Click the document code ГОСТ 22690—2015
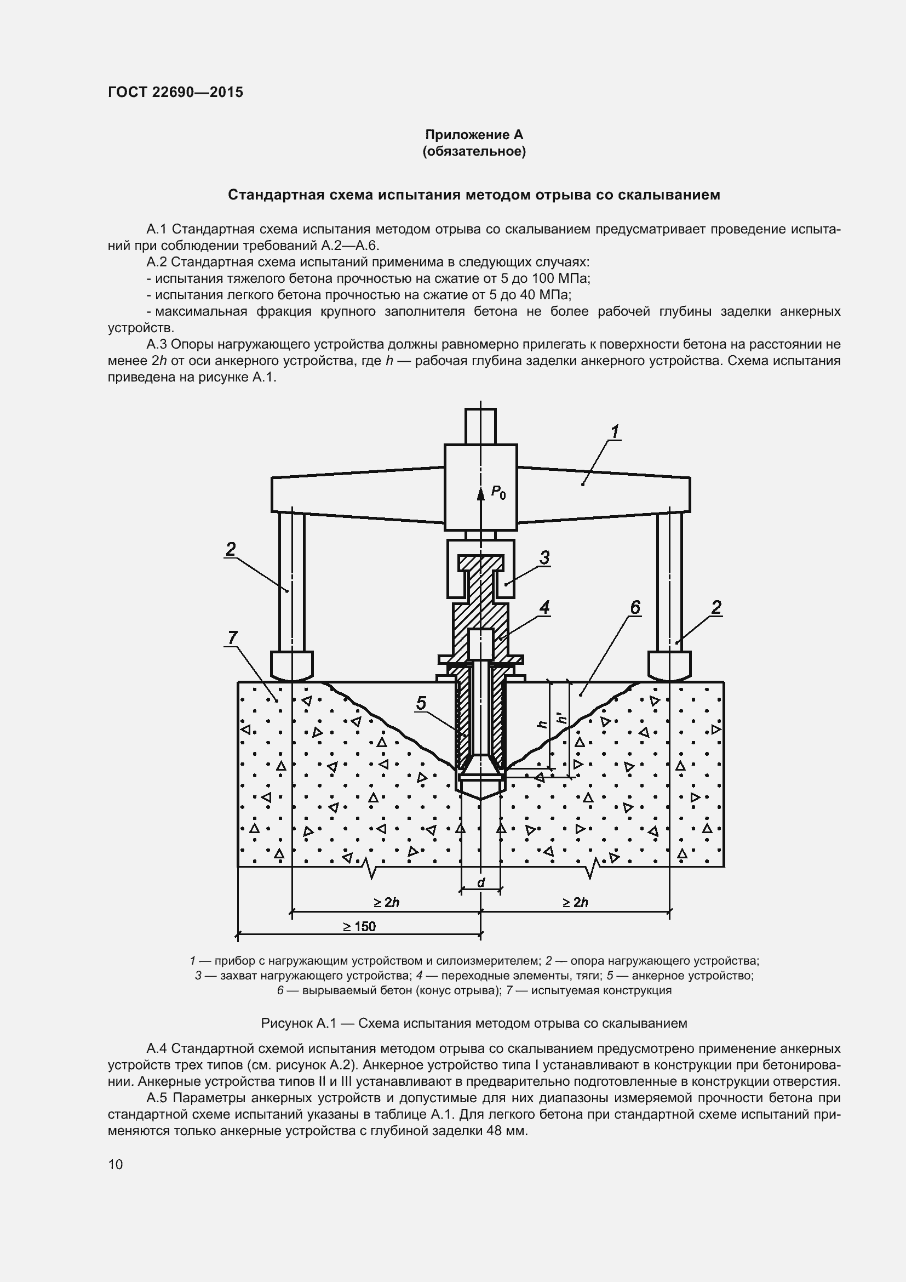pyautogui.click(x=175, y=92)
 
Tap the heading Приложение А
pyautogui.click(x=474, y=135)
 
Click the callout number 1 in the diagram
pyautogui.click(x=614, y=431)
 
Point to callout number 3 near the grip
pyautogui.click(x=544, y=557)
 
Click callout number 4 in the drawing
pyautogui.click(x=544, y=607)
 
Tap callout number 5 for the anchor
pyautogui.click(x=421, y=703)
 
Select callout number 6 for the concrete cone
pyautogui.click(x=635, y=607)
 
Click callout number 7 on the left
pyautogui.click(x=232, y=637)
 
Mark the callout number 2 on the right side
pyautogui.click(x=716, y=607)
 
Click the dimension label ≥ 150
pyautogui.click(x=359, y=927)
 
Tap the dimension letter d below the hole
pyautogui.click(x=481, y=883)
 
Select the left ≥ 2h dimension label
pyautogui.click(x=386, y=902)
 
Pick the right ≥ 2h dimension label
pyautogui.click(x=575, y=902)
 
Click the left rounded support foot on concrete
pyautogui.click(x=292, y=665)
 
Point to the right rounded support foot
pyautogui.click(x=669, y=665)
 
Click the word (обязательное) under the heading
pyautogui.click(x=474, y=152)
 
